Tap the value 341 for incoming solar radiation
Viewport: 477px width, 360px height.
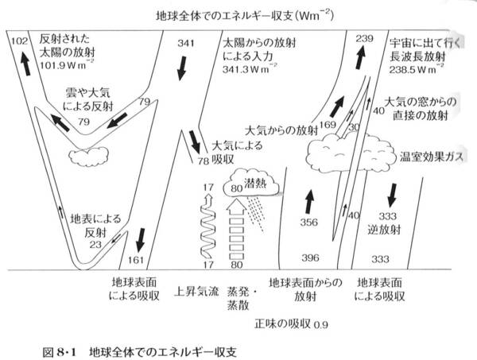186,43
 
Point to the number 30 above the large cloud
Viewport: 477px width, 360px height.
355,127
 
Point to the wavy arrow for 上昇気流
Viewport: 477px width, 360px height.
209,226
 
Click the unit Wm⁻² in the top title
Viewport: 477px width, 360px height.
316,14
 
